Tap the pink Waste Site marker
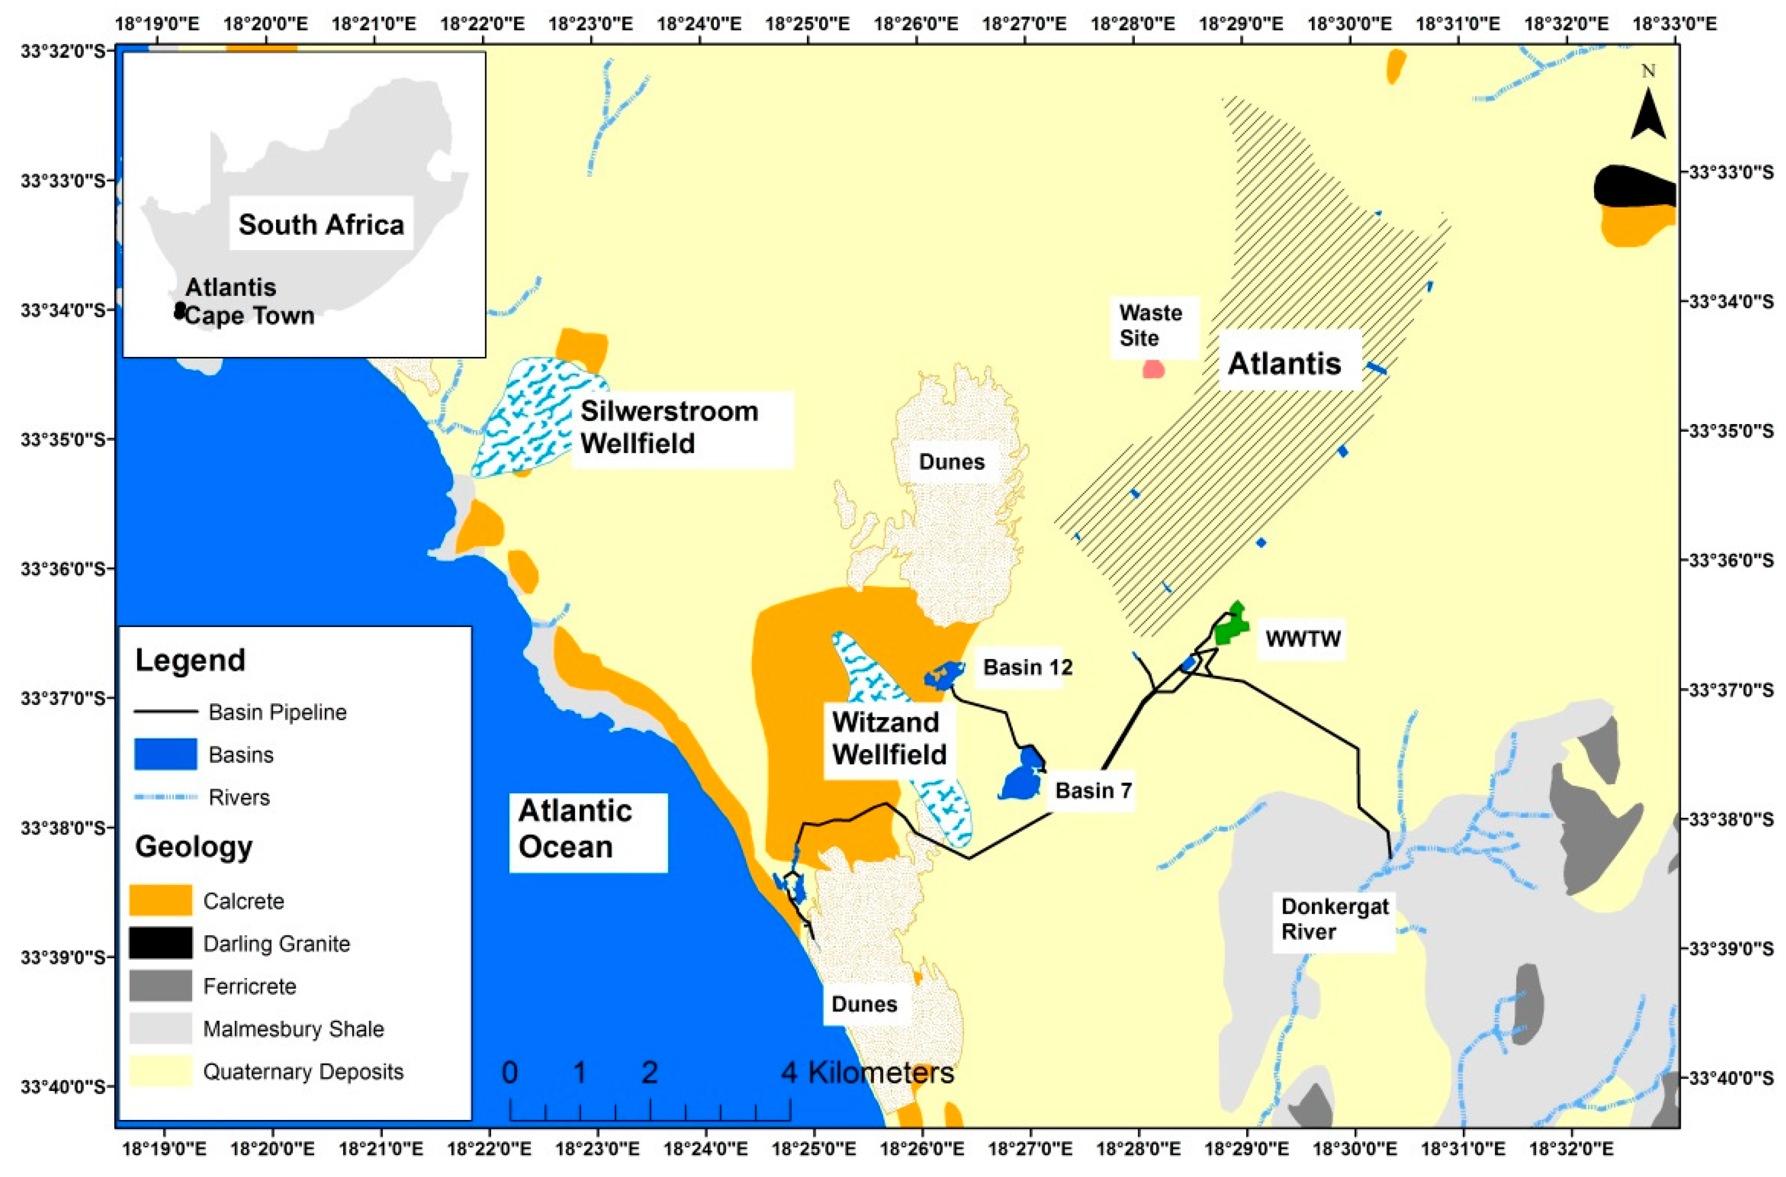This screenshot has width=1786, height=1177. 1153,369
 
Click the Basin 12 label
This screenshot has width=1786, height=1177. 1027,667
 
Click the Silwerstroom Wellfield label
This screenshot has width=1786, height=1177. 668,427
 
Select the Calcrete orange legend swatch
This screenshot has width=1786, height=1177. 160,900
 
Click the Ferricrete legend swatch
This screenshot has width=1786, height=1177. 160,986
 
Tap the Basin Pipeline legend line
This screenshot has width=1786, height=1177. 165,712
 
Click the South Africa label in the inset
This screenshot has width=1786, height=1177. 321,224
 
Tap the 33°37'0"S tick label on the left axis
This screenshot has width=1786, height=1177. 55,698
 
